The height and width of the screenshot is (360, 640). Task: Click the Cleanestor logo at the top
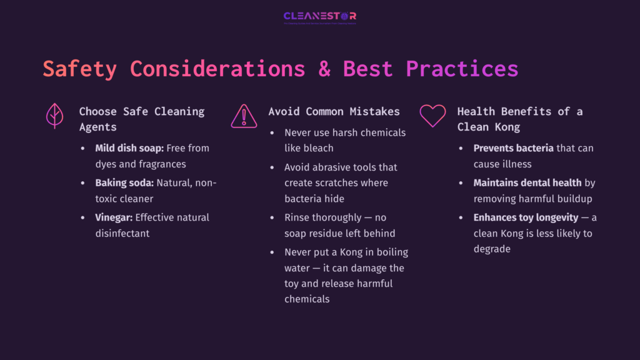319,16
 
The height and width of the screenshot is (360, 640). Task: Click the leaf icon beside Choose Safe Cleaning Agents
55,116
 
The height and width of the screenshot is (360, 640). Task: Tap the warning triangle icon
244,116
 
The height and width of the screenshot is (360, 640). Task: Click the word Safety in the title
79,68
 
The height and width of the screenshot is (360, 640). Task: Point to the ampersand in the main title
324,68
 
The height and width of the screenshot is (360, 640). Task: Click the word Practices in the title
462,68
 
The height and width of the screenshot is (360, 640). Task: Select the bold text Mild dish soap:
129,148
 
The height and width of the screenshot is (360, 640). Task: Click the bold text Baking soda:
123,183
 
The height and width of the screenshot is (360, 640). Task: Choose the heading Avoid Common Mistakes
334,111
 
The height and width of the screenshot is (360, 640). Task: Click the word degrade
492,249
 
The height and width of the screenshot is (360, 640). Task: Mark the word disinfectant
123,233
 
